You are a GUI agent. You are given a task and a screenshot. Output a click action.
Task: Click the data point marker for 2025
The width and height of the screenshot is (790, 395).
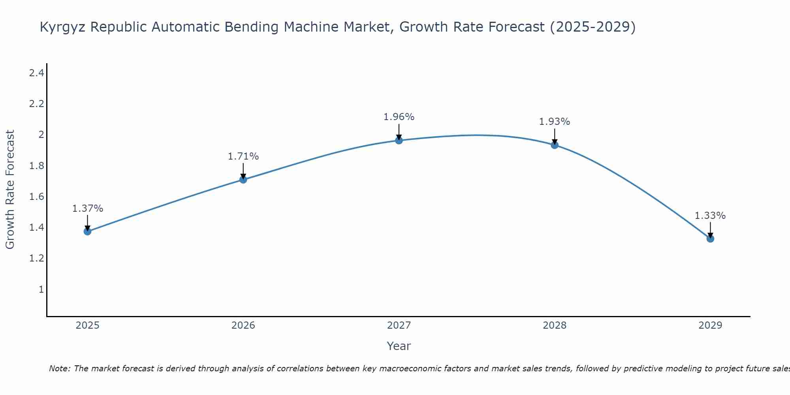[x=87, y=231]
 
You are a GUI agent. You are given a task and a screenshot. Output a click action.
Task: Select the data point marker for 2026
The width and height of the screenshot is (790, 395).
[x=243, y=180]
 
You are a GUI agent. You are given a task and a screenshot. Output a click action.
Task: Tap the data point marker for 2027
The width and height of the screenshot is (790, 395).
[x=399, y=140]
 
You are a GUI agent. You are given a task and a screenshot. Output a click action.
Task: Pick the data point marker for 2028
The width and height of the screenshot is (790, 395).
[x=555, y=145]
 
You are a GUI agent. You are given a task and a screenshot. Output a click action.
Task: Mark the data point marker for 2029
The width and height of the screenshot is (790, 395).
[x=710, y=239]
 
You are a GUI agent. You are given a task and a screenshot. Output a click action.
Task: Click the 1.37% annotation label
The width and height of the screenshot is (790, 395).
[x=87, y=209]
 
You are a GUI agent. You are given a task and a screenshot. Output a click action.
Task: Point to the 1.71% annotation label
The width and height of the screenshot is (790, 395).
[x=243, y=156]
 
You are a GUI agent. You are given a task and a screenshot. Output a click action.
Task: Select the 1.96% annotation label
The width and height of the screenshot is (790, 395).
[x=399, y=117]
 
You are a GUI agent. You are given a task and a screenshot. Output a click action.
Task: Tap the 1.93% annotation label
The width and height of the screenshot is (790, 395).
[x=555, y=122]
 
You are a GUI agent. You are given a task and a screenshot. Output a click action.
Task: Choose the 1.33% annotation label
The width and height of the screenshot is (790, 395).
[x=710, y=216]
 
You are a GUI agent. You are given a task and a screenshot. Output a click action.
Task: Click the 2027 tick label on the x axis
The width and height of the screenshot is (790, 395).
[x=399, y=325]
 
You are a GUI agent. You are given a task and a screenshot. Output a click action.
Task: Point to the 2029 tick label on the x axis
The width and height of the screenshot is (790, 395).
[x=710, y=325]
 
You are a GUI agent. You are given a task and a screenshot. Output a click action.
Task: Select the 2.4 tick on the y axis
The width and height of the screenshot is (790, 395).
[x=36, y=73]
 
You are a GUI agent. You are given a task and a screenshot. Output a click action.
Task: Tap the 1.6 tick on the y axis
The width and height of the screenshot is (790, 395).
[x=36, y=197]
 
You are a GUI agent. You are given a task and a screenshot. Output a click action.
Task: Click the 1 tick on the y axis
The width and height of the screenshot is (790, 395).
[x=41, y=290]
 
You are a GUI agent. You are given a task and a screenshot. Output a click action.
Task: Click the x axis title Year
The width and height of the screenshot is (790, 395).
[x=399, y=346]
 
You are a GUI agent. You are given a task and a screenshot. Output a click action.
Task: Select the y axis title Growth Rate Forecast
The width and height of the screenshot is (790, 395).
[x=10, y=190]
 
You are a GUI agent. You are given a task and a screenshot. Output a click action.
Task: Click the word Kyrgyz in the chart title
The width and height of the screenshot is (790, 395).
[x=63, y=27]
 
